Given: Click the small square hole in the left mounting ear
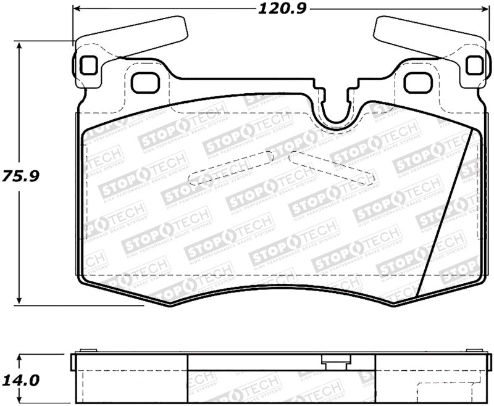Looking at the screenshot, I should tap(88, 64).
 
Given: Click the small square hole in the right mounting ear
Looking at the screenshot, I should tap(473, 64).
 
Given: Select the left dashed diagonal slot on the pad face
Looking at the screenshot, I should tap(231, 167).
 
